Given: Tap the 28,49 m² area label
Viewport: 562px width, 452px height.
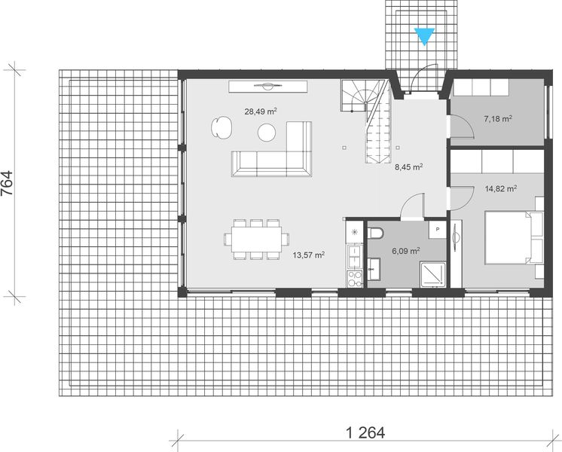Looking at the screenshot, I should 260,111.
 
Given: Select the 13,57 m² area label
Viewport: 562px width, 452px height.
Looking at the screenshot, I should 308,255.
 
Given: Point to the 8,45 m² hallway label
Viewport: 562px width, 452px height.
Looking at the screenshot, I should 408,167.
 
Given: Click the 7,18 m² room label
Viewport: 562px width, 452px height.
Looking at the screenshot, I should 497,119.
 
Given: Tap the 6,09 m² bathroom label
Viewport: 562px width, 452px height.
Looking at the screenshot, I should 405,252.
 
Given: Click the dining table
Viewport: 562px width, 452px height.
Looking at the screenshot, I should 256,240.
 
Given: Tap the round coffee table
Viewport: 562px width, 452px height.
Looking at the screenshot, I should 267,133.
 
